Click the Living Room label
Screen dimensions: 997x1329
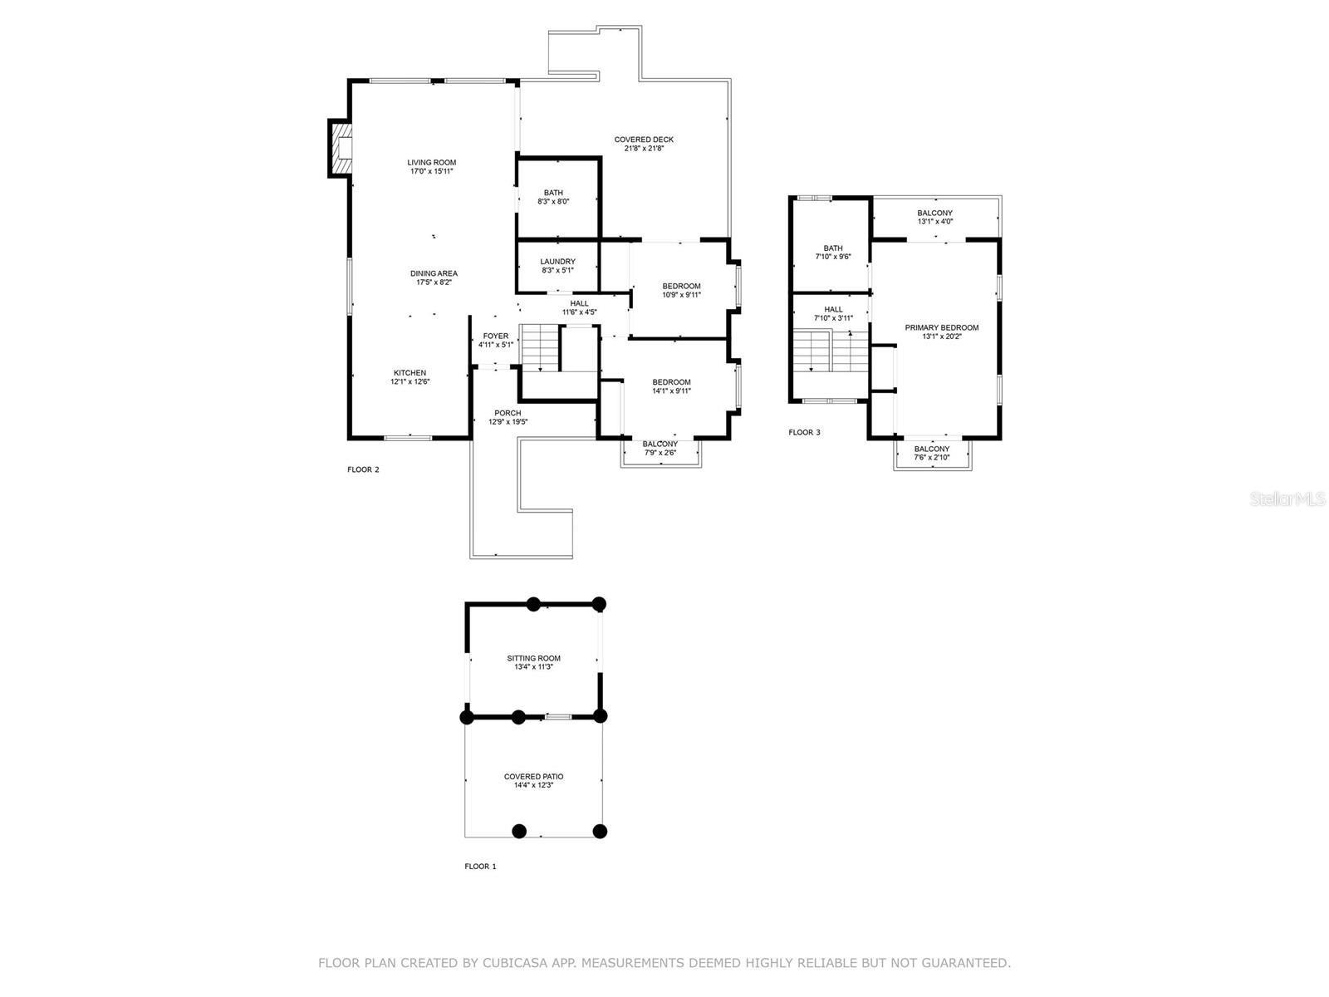[431, 163]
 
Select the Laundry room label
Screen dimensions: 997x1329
[557, 262]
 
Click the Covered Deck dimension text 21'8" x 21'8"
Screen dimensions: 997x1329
[644, 149]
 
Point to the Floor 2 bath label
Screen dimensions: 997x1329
[553, 193]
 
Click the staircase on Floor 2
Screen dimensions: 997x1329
[540, 347]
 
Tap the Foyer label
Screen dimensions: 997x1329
[495, 336]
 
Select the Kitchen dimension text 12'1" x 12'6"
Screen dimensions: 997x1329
[409, 382]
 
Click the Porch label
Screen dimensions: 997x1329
[508, 413]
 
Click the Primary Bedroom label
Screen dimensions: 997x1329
[941, 327]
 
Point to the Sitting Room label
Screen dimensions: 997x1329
[533, 658]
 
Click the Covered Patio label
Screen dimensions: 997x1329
[533, 777]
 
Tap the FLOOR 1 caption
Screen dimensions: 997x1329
[480, 867]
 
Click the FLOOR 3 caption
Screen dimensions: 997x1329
[804, 433]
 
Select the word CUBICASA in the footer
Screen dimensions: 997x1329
[515, 963]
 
